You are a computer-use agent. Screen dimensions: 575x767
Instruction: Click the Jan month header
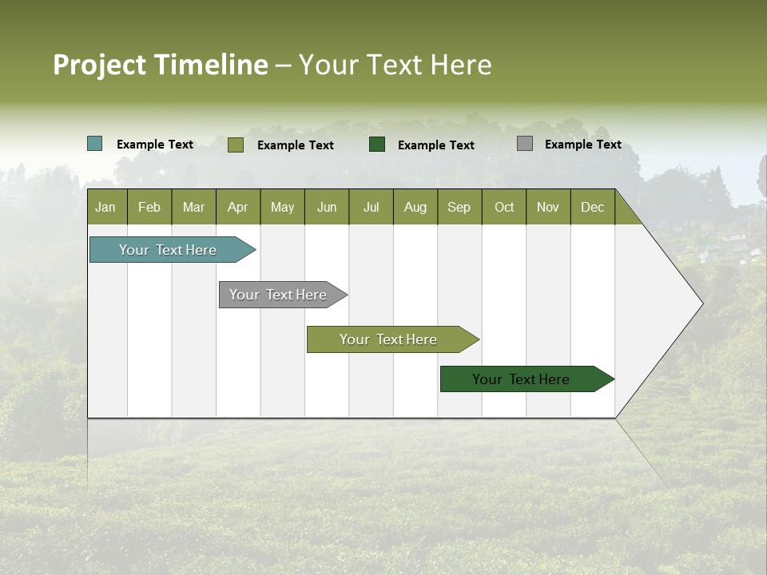pyautogui.click(x=106, y=207)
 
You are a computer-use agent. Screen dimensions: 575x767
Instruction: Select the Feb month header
pyautogui.click(x=149, y=207)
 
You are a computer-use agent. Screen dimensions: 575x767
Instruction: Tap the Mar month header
pyautogui.click(x=193, y=207)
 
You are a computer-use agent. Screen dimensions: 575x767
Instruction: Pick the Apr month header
pyautogui.click(x=238, y=207)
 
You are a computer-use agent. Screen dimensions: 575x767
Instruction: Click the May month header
pyautogui.click(x=282, y=207)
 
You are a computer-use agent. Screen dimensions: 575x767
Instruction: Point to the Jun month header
pyautogui.click(x=327, y=207)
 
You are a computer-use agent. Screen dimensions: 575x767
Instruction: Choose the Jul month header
pyautogui.click(x=371, y=207)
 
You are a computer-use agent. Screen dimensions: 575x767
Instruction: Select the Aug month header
pyautogui.click(x=415, y=207)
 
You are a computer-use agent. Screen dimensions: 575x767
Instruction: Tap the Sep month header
pyautogui.click(x=459, y=207)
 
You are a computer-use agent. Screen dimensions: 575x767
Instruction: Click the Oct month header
pyautogui.click(x=504, y=207)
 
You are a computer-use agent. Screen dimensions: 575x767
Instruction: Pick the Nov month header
pyautogui.click(x=548, y=207)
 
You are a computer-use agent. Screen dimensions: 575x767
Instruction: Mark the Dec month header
pyautogui.click(x=593, y=207)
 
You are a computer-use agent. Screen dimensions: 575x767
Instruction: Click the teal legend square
pyautogui.click(x=94, y=144)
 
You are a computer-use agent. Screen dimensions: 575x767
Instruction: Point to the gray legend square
pyautogui.click(x=524, y=144)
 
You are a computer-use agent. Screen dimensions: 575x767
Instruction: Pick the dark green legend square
pyautogui.click(x=377, y=144)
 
